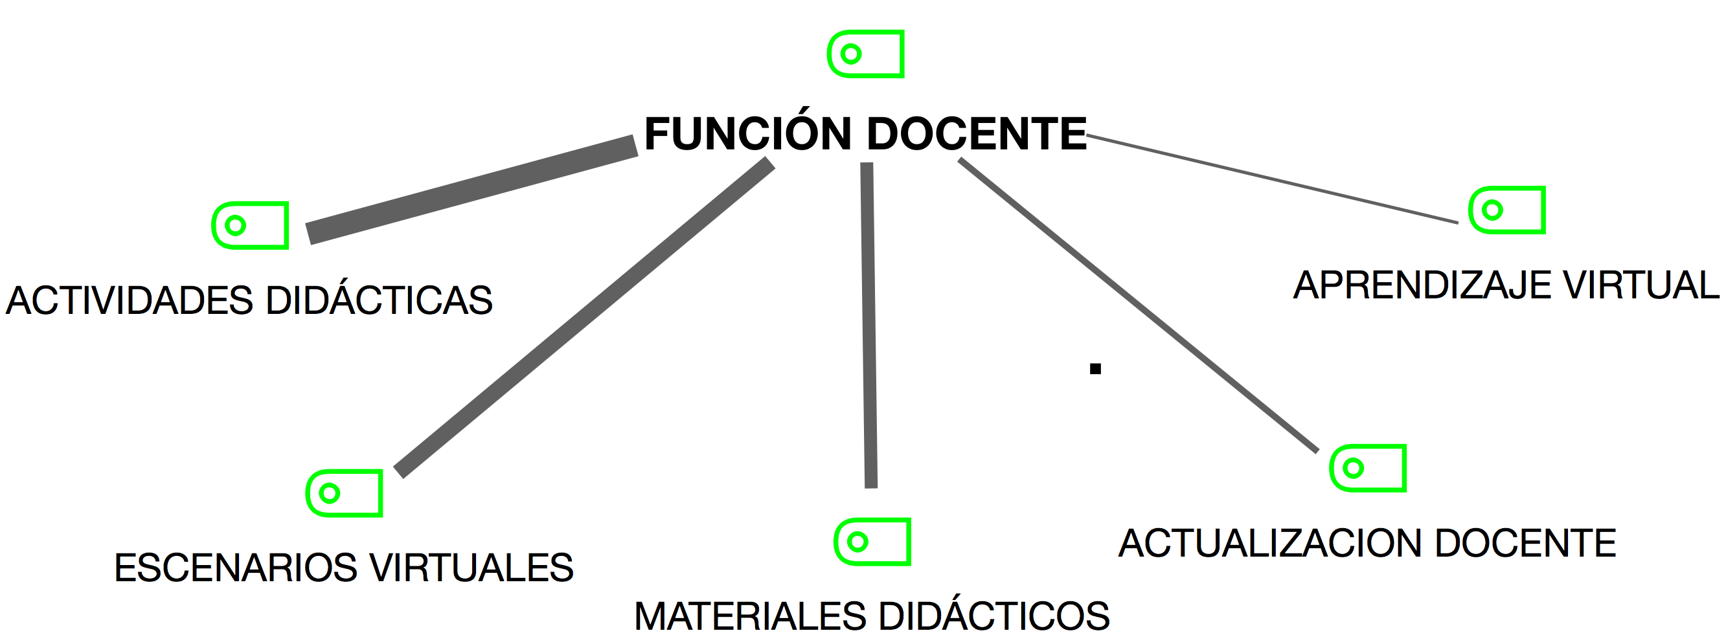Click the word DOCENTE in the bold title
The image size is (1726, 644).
pos(976,134)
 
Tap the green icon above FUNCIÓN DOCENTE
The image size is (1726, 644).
pos(866,54)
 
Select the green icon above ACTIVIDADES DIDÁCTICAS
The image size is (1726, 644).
pos(250,226)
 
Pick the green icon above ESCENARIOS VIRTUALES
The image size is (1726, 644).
pos(344,493)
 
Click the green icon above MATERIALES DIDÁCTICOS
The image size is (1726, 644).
pos(872,542)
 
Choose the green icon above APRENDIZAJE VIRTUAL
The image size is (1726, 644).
pos(1507,210)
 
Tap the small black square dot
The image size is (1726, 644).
pos(1095,368)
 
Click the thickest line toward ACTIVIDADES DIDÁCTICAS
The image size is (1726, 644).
pos(471,190)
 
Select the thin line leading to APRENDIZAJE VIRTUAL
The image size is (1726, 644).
pos(1272,179)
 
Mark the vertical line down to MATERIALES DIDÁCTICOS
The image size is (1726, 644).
pos(869,326)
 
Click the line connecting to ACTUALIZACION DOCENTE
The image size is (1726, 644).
pos(1139,305)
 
